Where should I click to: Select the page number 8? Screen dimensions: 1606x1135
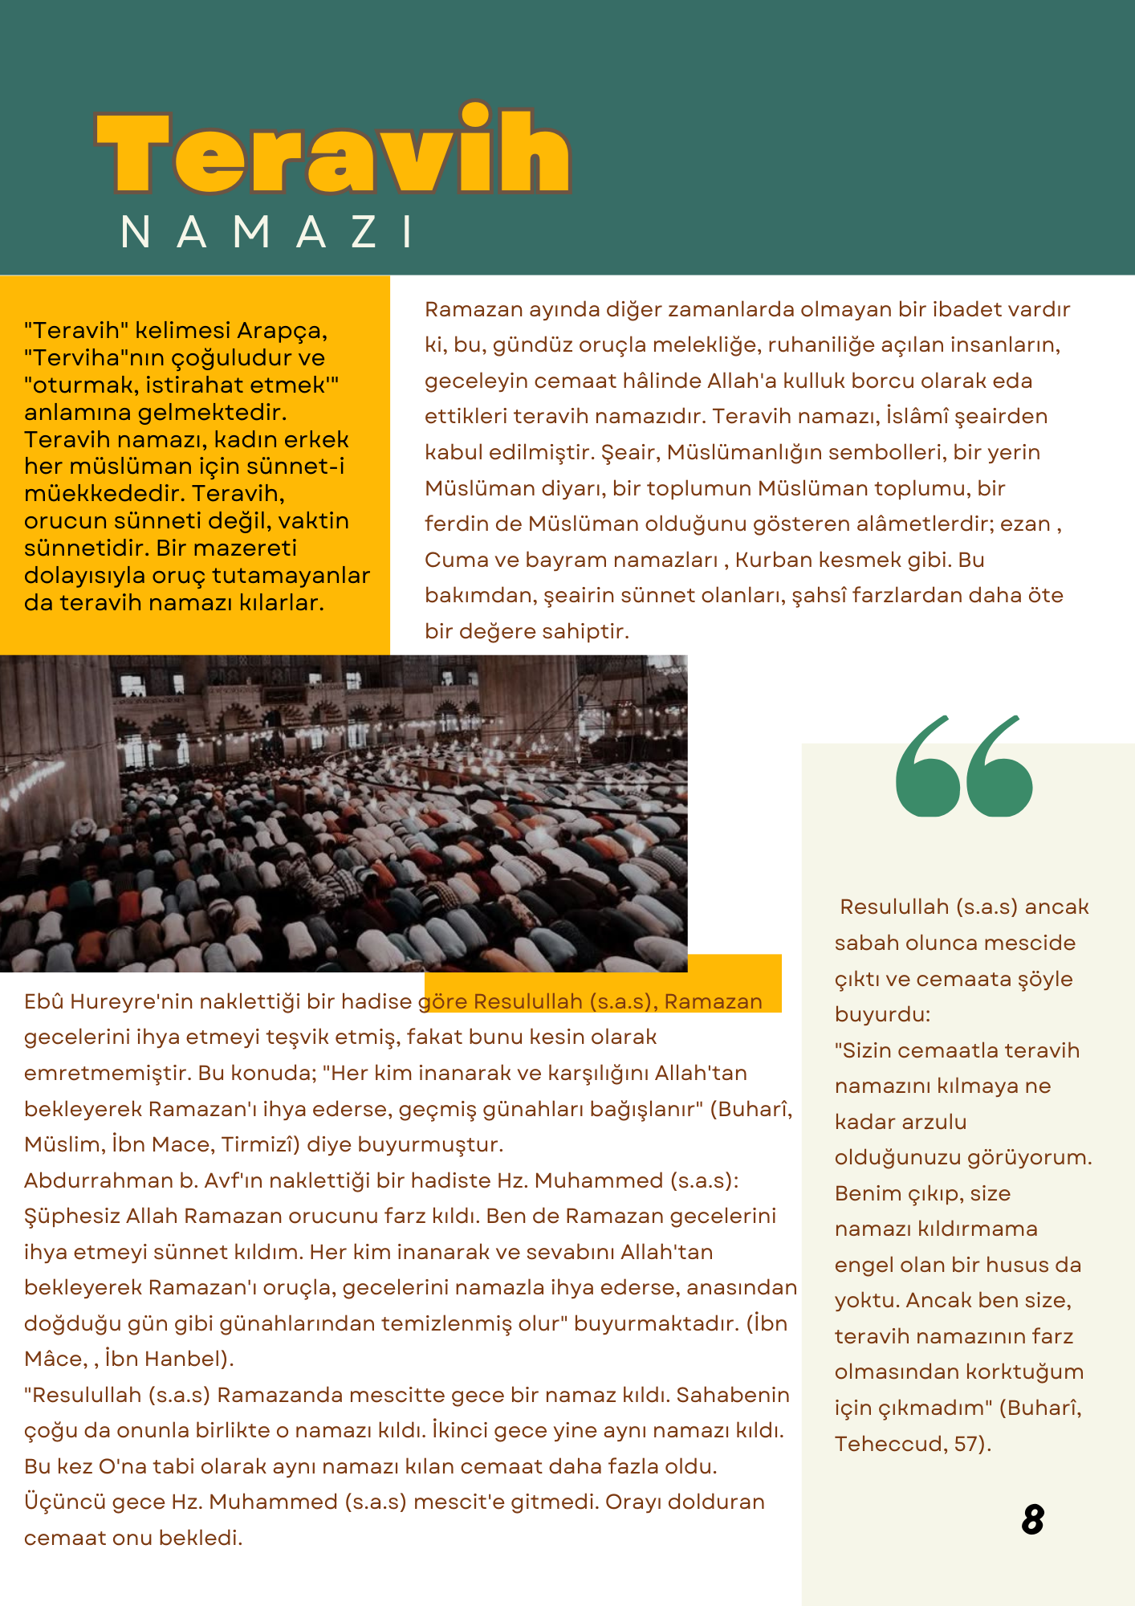[x=1033, y=1518]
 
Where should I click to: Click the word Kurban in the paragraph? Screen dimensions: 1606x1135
[x=773, y=560]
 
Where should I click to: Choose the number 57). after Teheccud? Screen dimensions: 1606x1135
[x=973, y=1444]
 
